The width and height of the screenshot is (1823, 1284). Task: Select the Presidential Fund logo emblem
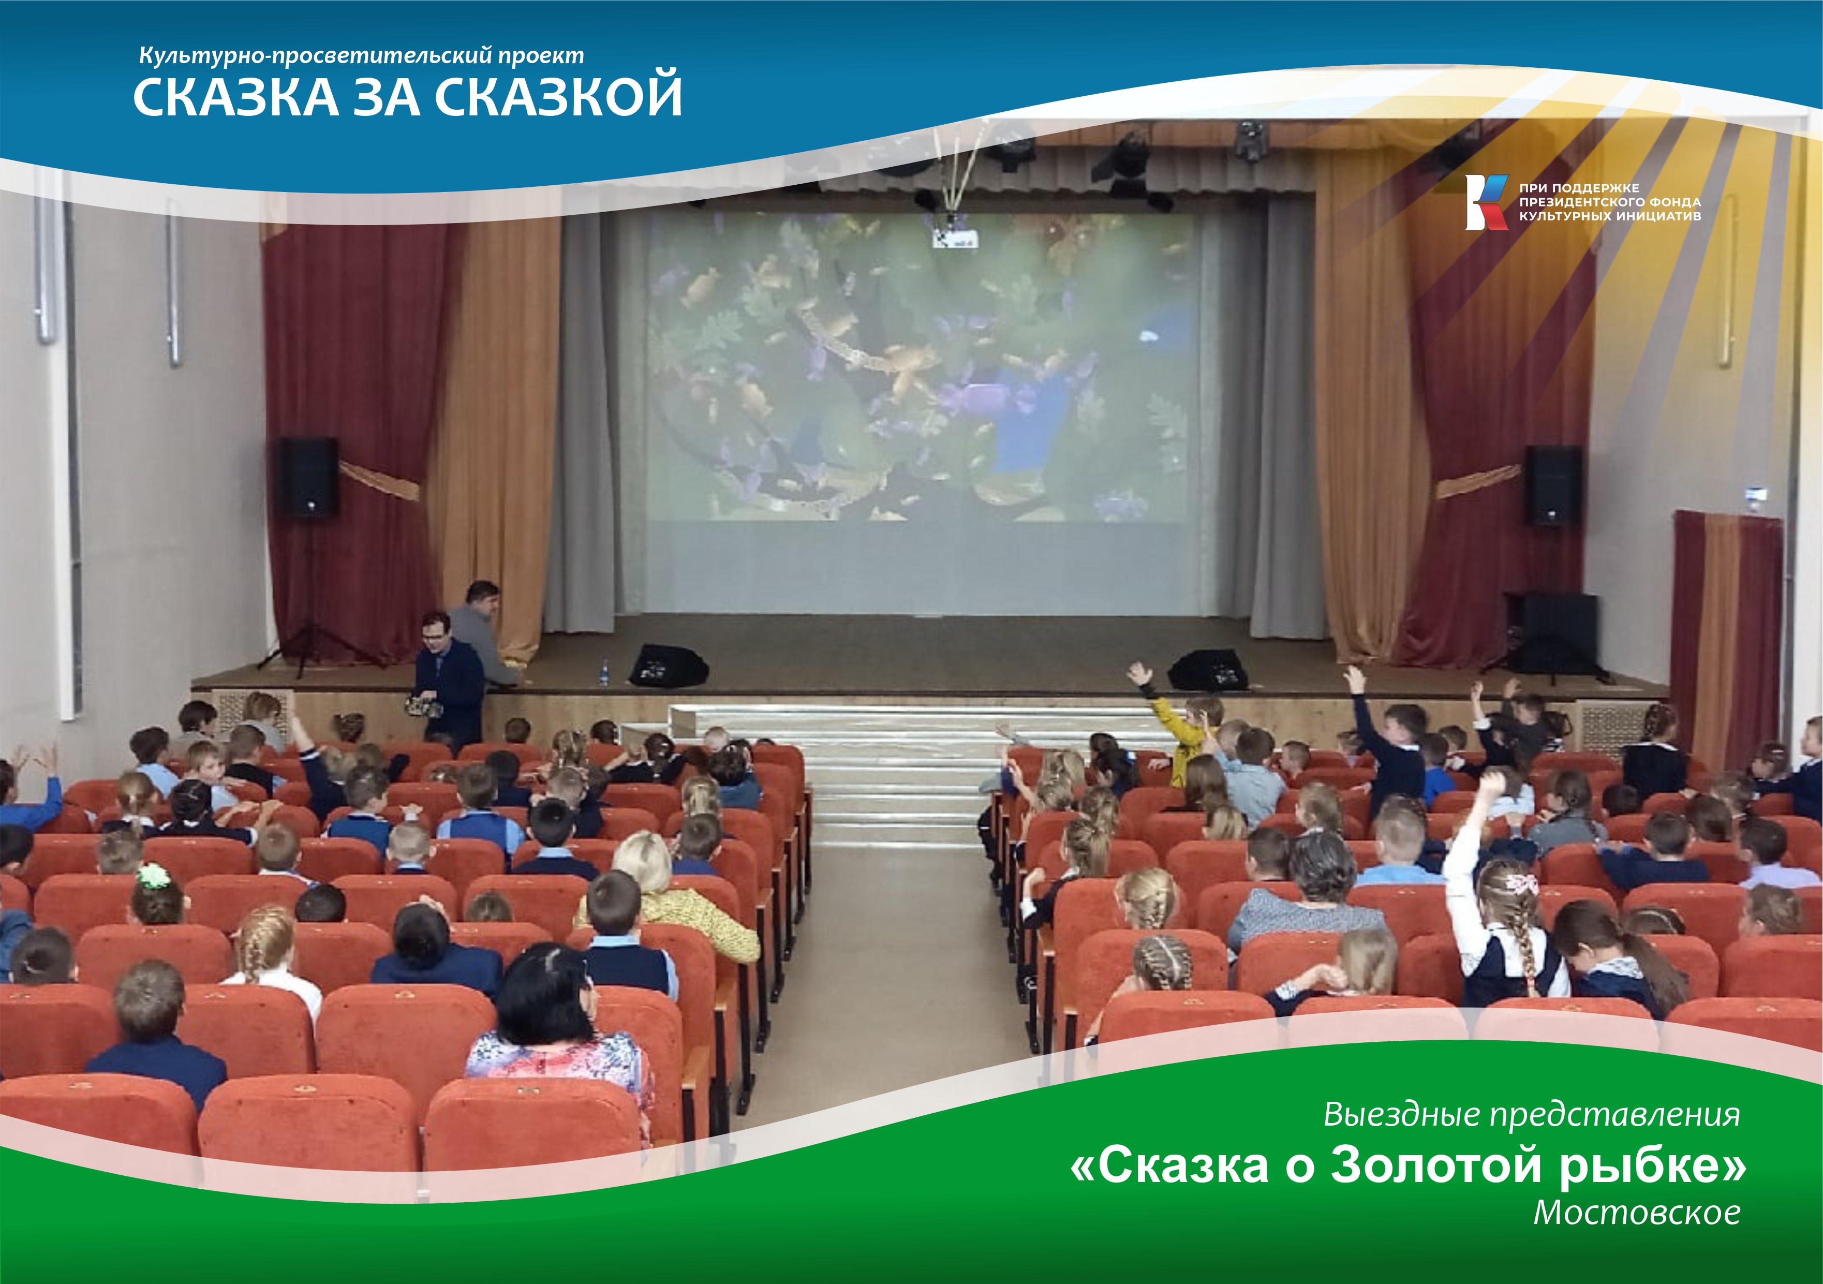[x=1486, y=202]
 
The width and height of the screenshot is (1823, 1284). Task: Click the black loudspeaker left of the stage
[x=308, y=477]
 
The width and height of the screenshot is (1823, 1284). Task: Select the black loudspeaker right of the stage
[x=1552, y=484]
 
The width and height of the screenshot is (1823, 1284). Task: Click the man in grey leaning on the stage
[x=482, y=631]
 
